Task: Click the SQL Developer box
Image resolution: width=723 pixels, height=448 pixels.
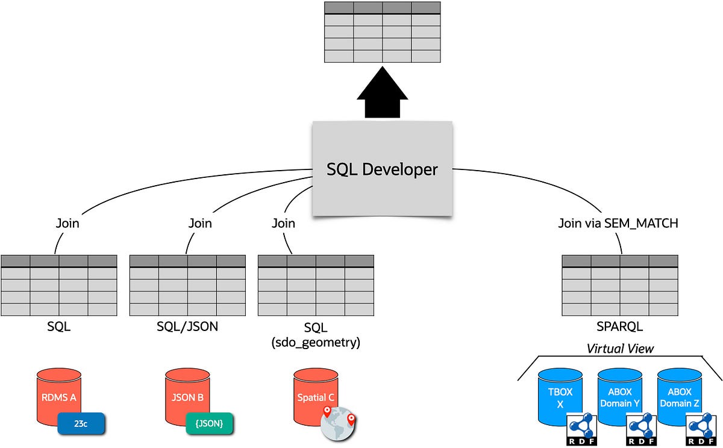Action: [382, 169]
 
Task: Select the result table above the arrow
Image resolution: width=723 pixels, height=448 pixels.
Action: [382, 31]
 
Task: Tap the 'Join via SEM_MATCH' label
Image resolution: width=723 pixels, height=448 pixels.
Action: [618, 223]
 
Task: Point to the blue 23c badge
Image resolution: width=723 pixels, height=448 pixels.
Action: [81, 424]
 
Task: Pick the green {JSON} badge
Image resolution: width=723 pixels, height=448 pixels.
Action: [209, 424]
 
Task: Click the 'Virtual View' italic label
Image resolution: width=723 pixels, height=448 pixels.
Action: [620, 348]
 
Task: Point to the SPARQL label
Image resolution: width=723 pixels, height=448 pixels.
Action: [620, 327]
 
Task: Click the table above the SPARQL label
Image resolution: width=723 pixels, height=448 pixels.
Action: [620, 285]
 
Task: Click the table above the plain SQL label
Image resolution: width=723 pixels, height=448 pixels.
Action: [59, 285]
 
